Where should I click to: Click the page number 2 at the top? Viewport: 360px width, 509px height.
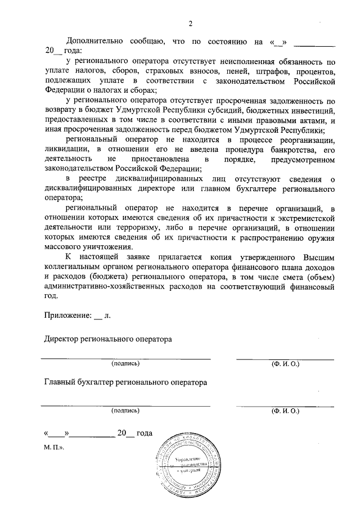point(190,24)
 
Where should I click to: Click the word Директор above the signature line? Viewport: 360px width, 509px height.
point(64,339)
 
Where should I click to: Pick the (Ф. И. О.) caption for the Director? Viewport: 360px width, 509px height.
point(285,363)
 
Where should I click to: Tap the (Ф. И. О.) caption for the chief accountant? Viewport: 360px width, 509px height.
point(285,411)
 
